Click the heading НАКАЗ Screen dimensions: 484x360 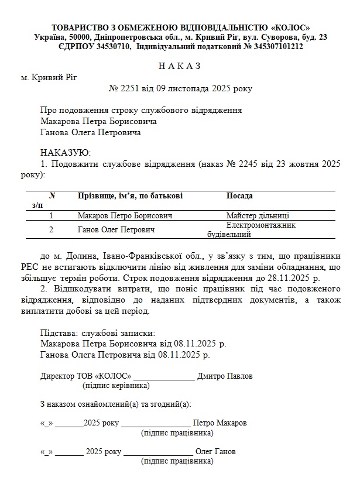180,66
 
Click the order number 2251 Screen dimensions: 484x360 130,89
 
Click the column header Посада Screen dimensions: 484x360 239,196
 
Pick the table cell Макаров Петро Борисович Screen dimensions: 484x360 125,216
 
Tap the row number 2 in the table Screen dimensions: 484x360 51,231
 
